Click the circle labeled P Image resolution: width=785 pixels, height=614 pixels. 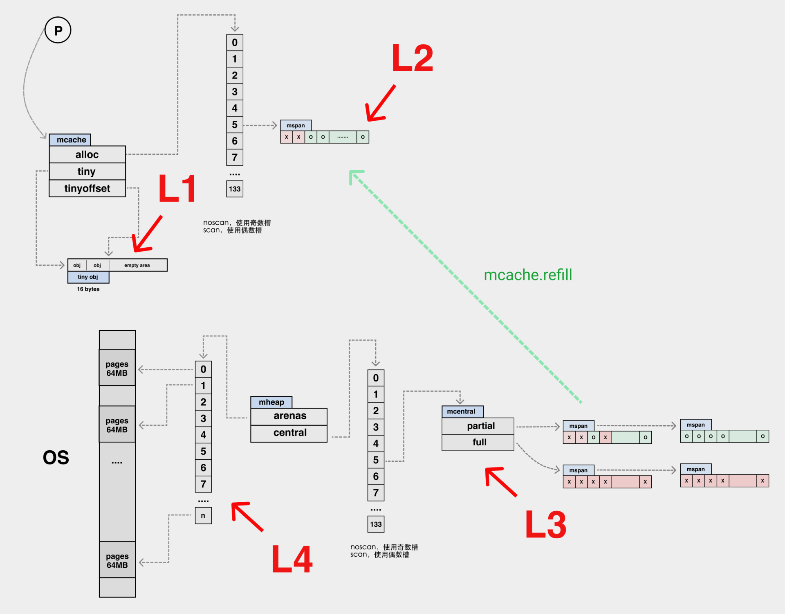point(58,30)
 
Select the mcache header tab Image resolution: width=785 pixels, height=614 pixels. point(70,140)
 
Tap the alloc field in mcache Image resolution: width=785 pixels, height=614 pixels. point(87,155)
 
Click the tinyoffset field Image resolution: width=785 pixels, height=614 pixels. point(87,188)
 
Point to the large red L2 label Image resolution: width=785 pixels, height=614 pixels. point(412,58)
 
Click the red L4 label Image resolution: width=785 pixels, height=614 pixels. point(292,559)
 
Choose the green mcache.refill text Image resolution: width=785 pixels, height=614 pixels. point(528,275)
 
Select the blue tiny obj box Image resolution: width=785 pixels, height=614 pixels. point(88,277)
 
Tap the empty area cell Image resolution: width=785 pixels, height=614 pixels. point(137,265)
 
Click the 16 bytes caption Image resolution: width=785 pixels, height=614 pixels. point(88,289)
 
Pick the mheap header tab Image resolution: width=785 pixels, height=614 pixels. point(271,402)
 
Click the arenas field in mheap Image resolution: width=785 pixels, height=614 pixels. point(289,416)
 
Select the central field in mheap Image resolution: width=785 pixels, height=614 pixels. point(289,433)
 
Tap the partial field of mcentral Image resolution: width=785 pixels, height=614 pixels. point(480,426)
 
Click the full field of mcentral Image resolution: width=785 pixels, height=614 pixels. point(479,442)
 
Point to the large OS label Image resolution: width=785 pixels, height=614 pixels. point(56,458)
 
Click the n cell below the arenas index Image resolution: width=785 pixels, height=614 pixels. point(203,516)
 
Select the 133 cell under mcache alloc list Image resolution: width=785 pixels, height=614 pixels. point(235,189)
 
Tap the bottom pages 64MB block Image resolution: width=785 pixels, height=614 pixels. point(117,561)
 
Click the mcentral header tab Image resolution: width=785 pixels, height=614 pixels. point(462,412)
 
